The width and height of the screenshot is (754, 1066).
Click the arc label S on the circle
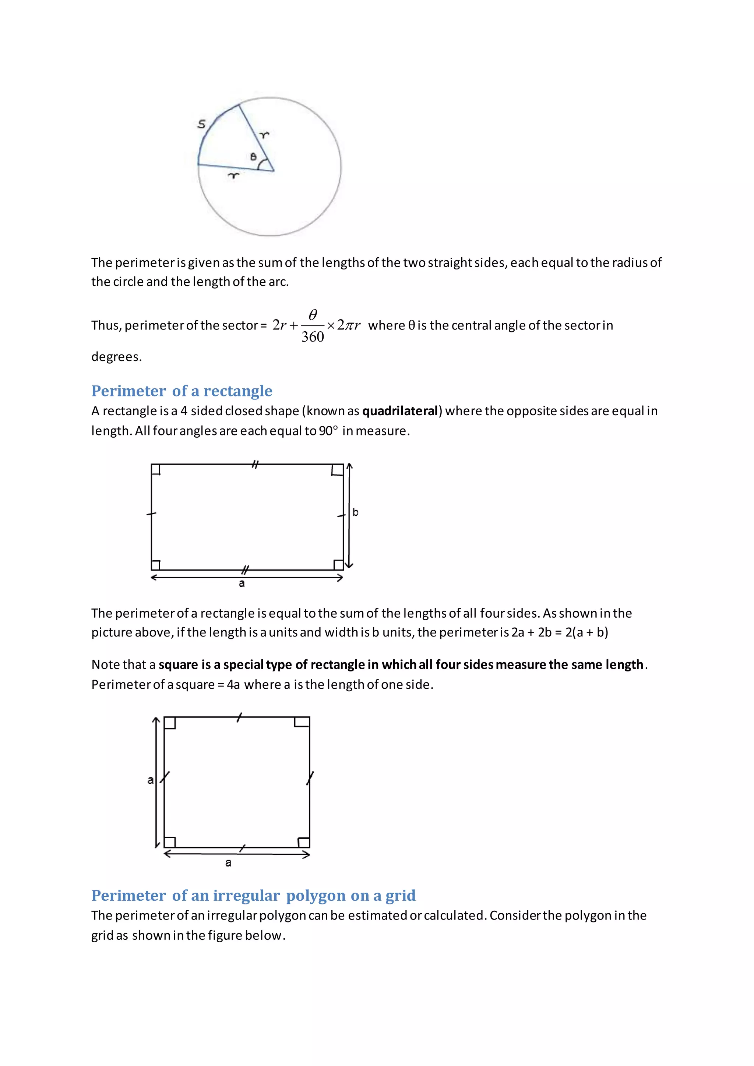click(201, 124)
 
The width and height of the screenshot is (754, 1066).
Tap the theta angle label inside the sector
click(253, 157)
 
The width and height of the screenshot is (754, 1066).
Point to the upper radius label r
click(264, 135)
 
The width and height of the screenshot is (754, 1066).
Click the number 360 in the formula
click(313, 336)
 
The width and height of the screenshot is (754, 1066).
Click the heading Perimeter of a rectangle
click(182, 391)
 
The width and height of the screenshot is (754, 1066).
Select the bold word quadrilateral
click(400, 411)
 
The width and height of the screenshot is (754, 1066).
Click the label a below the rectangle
click(242, 583)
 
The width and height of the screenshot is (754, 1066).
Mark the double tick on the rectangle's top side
click(255, 464)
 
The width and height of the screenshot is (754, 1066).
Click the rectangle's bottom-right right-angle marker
click(338, 565)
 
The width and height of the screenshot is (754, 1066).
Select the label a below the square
click(228, 863)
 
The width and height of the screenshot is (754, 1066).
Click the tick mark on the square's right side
click(310, 778)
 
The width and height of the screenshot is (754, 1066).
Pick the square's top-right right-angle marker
click(302, 722)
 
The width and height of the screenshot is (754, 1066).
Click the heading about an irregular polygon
click(253, 895)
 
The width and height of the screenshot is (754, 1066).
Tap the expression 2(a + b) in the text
click(586, 632)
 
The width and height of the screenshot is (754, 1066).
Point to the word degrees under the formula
click(116, 357)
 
